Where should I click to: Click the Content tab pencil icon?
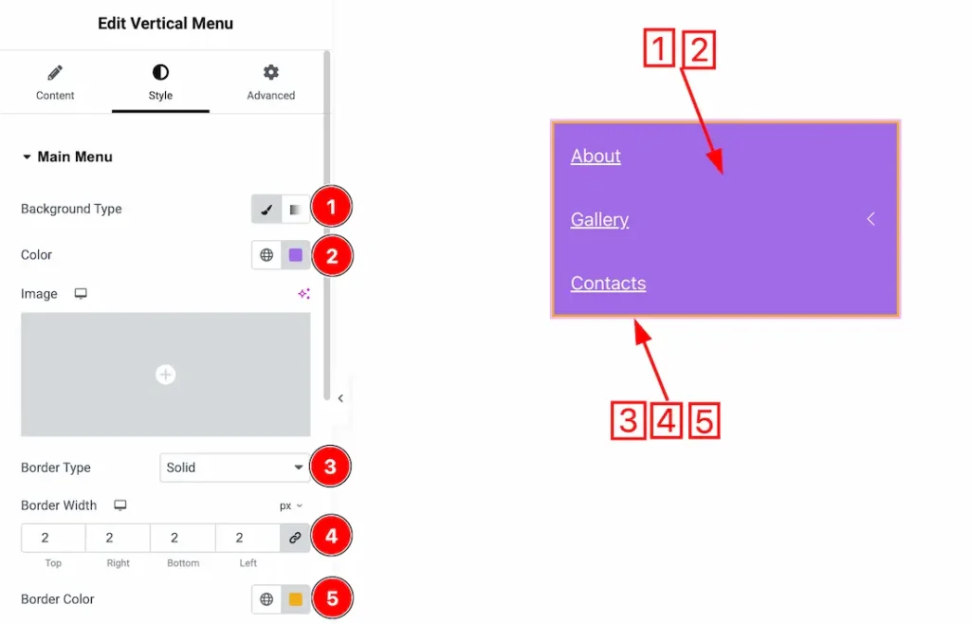55,73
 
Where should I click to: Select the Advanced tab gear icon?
270,72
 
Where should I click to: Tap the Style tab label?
160,96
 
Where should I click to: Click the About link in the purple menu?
595,156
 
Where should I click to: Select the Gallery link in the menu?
599,220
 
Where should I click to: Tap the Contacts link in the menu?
608,283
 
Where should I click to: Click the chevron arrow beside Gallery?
870,218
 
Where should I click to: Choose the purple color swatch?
296,255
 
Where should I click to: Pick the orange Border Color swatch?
296,599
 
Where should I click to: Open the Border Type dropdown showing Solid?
235,468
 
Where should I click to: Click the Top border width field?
53,538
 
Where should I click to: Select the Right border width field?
118,538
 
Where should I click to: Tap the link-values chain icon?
295,538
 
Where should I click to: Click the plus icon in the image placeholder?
165,375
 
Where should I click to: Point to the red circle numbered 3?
330,467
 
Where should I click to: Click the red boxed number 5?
705,421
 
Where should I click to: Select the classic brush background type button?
266,210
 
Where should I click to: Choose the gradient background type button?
296,210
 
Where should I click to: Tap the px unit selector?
290,505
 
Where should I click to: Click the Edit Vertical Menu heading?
165,24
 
